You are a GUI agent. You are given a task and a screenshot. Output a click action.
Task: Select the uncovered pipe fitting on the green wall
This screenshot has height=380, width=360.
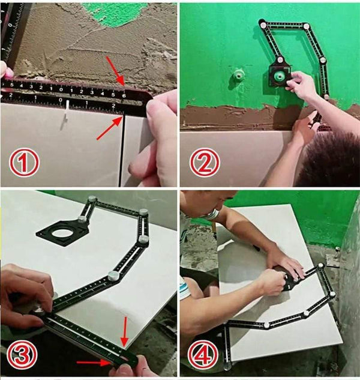click(238, 76)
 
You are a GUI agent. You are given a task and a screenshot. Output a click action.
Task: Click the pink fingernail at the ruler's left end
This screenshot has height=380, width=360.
click(8, 73)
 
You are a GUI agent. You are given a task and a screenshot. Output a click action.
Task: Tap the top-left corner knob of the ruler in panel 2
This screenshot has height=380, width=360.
click(263, 24)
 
